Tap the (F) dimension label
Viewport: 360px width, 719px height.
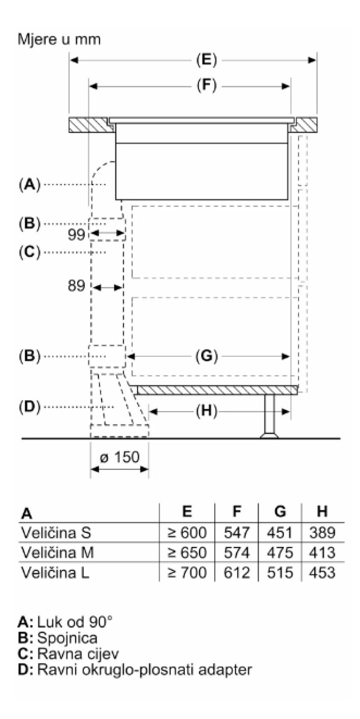(x=206, y=86)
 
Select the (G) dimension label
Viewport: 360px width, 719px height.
(x=206, y=357)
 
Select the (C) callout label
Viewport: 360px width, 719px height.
(x=29, y=252)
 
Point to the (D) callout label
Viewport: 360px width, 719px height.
(x=29, y=407)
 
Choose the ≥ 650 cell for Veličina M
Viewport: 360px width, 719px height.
(x=187, y=553)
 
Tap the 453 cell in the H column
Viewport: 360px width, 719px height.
(x=322, y=573)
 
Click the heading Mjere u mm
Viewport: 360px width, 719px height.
(x=59, y=39)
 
